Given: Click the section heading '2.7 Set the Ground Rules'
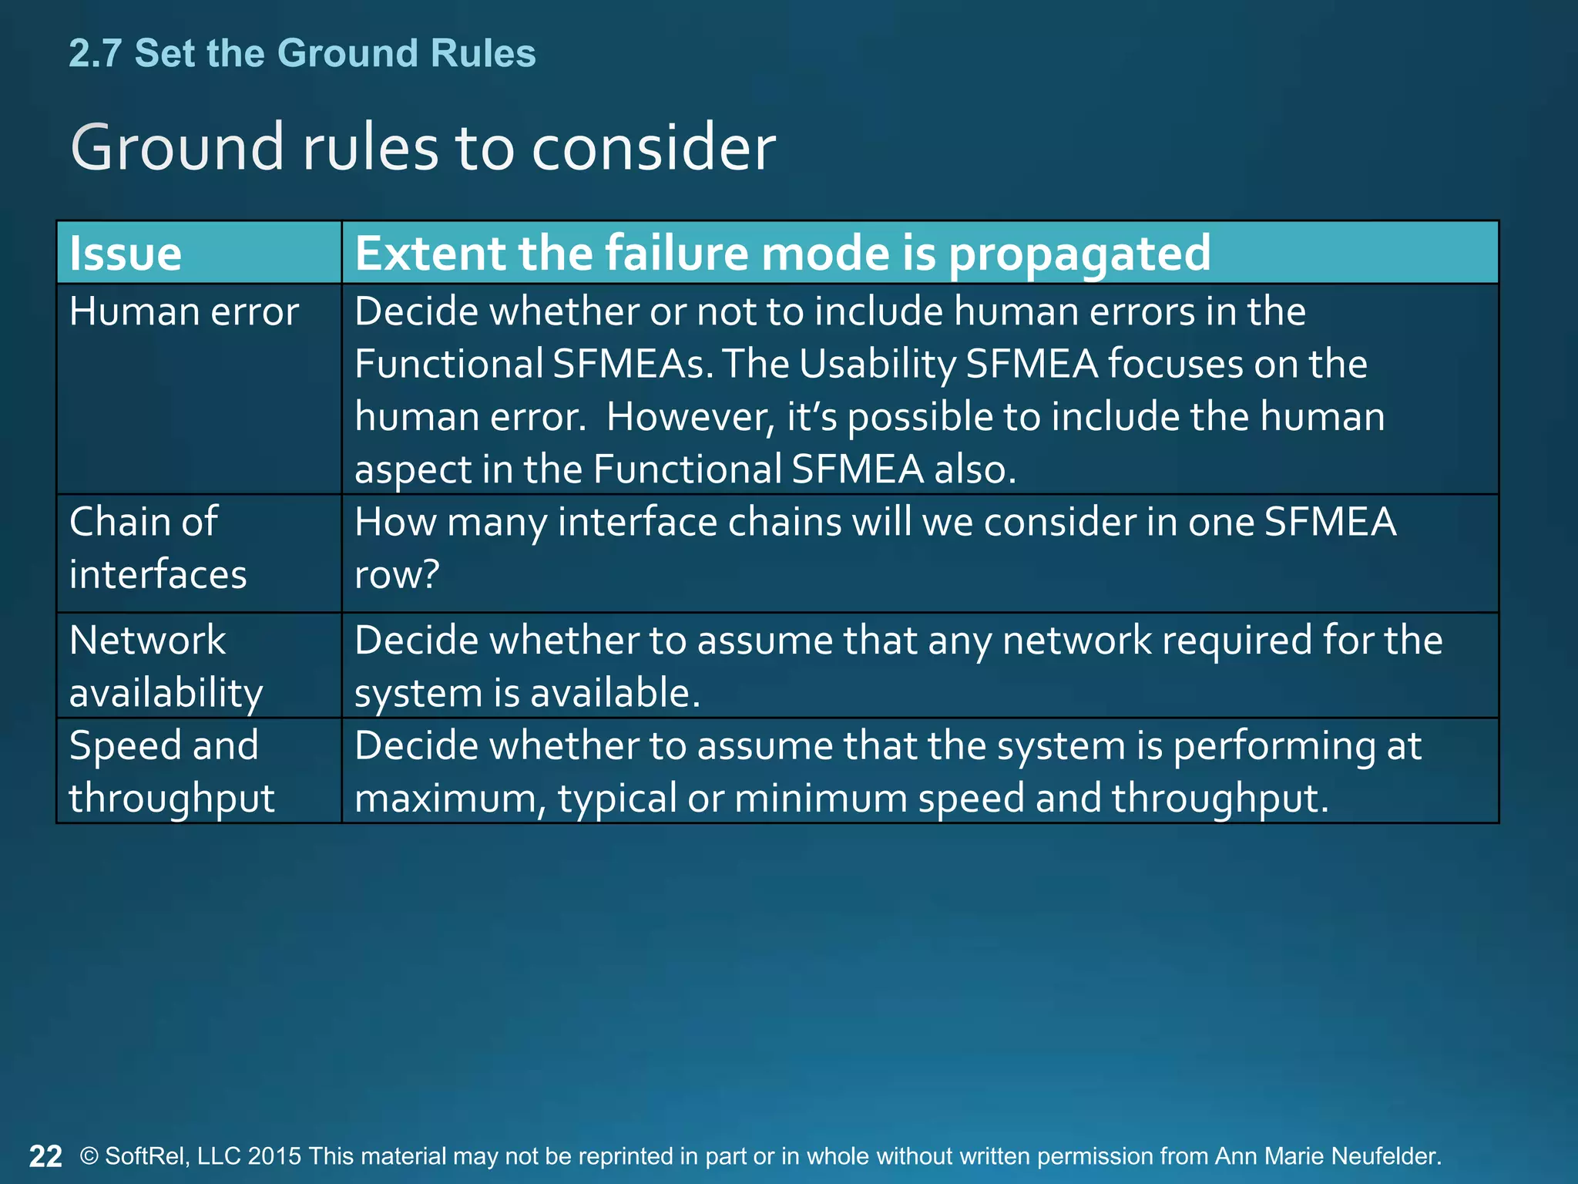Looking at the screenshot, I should click(302, 53).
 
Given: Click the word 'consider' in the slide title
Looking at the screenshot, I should click(653, 147).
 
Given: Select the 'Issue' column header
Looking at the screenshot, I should click(126, 253).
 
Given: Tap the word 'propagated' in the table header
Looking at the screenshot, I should click(1079, 253).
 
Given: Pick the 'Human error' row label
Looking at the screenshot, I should click(183, 312).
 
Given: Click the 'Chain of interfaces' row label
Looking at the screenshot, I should click(158, 548).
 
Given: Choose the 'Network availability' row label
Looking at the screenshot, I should click(166, 666).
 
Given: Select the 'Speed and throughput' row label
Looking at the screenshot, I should click(171, 772).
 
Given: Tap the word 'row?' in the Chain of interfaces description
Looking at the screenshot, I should click(397, 574).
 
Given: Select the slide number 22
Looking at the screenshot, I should click(45, 1156).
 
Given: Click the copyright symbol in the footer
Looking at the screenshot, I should click(89, 1156).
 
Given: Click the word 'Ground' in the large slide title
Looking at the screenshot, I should click(177, 147).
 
